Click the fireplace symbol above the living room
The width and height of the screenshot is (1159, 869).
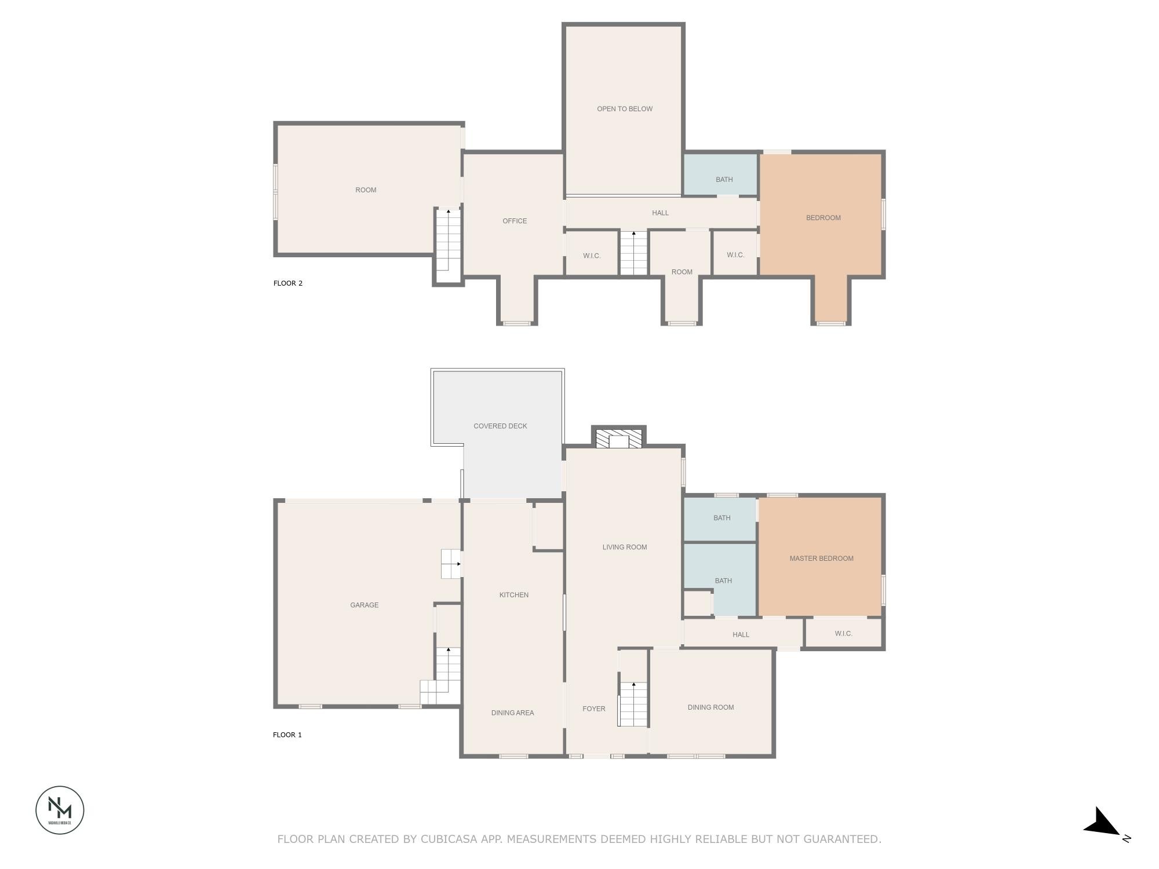pyautogui.click(x=619, y=438)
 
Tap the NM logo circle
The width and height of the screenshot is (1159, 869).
pyautogui.click(x=60, y=810)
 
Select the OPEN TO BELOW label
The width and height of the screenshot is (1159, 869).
pyautogui.click(x=625, y=109)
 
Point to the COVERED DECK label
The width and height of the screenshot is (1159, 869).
pyautogui.click(x=500, y=426)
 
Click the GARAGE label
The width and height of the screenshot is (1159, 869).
pyautogui.click(x=364, y=605)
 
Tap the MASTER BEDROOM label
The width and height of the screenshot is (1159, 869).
pyautogui.click(x=821, y=558)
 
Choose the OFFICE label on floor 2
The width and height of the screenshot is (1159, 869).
pyautogui.click(x=515, y=221)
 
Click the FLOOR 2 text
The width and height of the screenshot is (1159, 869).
pyautogui.click(x=288, y=283)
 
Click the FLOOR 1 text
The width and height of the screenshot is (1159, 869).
pyautogui.click(x=287, y=735)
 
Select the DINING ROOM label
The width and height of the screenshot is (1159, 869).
pyautogui.click(x=710, y=707)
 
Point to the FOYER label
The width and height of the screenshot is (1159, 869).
pyautogui.click(x=594, y=709)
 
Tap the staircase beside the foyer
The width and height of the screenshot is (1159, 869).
pyautogui.click(x=633, y=704)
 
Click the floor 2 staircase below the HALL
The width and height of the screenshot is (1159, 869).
pyautogui.click(x=633, y=253)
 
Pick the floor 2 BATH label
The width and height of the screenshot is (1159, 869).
pyautogui.click(x=724, y=180)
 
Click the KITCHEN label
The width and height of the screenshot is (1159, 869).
pyautogui.click(x=514, y=595)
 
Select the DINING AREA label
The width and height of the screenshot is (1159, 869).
pyautogui.click(x=512, y=713)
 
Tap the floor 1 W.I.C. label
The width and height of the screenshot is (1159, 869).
pyautogui.click(x=844, y=634)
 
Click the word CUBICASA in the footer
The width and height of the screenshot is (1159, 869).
pyautogui.click(x=458, y=839)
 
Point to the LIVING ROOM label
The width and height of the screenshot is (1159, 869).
pyautogui.click(x=625, y=547)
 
